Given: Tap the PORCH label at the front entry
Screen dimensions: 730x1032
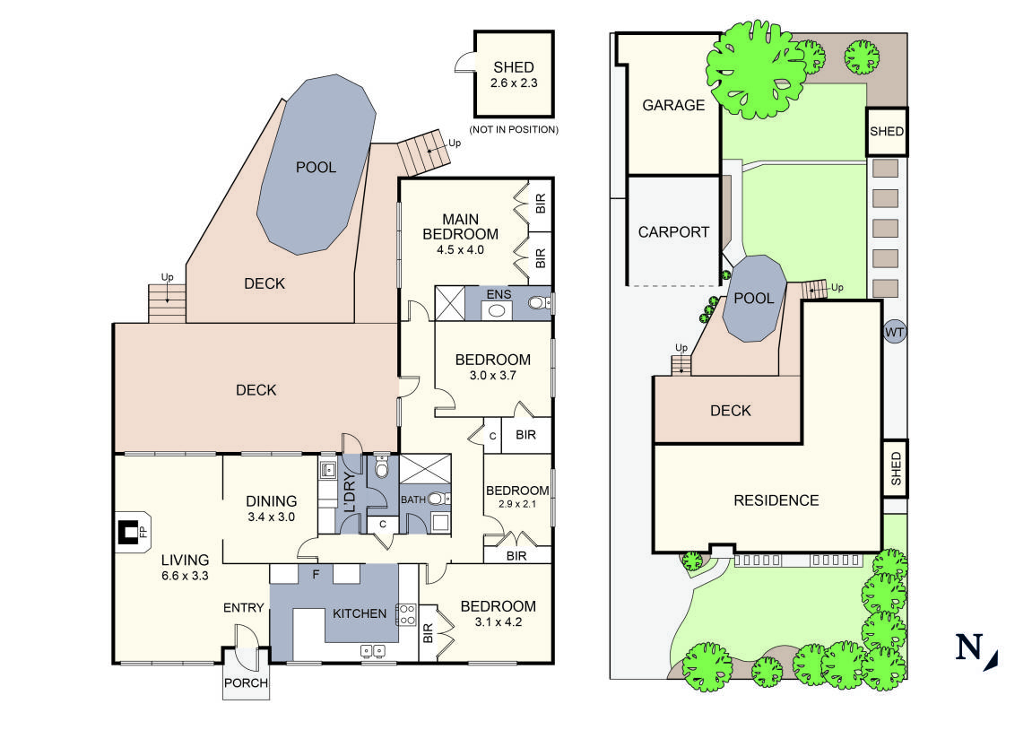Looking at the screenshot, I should (x=246, y=682).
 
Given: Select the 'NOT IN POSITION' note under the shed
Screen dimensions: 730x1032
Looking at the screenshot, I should (x=514, y=130).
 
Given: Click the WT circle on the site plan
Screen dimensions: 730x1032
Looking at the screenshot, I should (x=894, y=333).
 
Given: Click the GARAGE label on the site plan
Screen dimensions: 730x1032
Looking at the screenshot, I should (x=673, y=105).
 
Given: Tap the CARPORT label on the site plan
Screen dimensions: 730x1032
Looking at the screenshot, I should (x=673, y=231).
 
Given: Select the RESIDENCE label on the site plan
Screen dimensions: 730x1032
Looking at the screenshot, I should (x=776, y=500).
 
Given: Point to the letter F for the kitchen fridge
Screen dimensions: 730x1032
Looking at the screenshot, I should (x=315, y=574).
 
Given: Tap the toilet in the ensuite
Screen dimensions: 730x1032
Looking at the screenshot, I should (x=537, y=304).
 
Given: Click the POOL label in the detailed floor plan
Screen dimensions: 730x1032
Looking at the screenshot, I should (x=316, y=167).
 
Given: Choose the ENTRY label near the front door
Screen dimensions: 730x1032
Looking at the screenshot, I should (x=244, y=608).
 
